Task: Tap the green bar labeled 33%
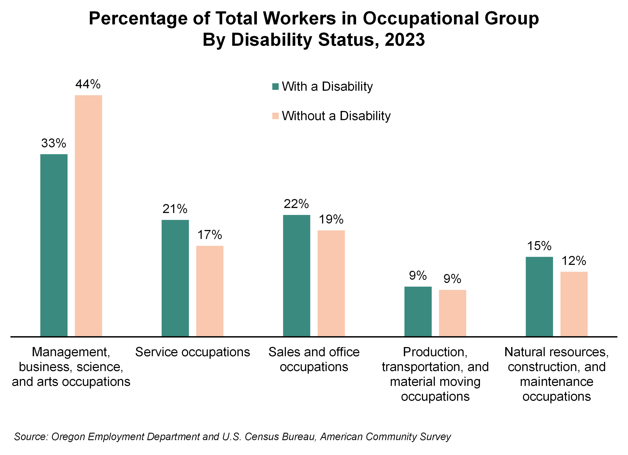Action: (x=54, y=245)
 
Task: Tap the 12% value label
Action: (x=574, y=261)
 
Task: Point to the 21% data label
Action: (x=175, y=209)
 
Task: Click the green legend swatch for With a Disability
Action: (x=275, y=87)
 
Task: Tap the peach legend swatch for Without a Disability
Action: (x=275, y=116)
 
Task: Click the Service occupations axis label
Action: (x=192, y=352)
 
